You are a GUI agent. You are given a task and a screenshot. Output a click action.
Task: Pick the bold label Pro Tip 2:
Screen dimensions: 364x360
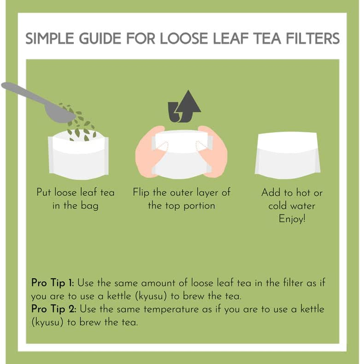[x=53, y=310]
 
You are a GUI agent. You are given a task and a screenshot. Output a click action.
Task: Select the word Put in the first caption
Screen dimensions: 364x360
[x=44, y=193]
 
